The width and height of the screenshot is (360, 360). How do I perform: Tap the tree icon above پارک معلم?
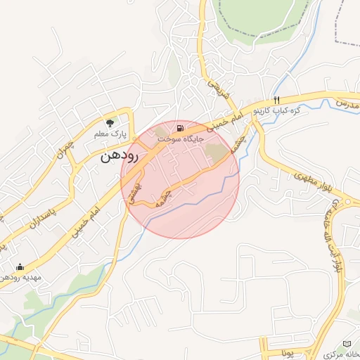tap(108, 122)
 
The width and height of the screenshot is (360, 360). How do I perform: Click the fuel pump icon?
tap(181, 128)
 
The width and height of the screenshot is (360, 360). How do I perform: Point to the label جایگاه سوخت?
tap(180, 139)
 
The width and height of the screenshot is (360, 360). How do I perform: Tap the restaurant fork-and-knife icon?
tap(277, 99)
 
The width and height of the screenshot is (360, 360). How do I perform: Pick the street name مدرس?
tap(347, 104)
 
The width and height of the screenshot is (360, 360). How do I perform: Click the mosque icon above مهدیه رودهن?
tap(20, 266)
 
